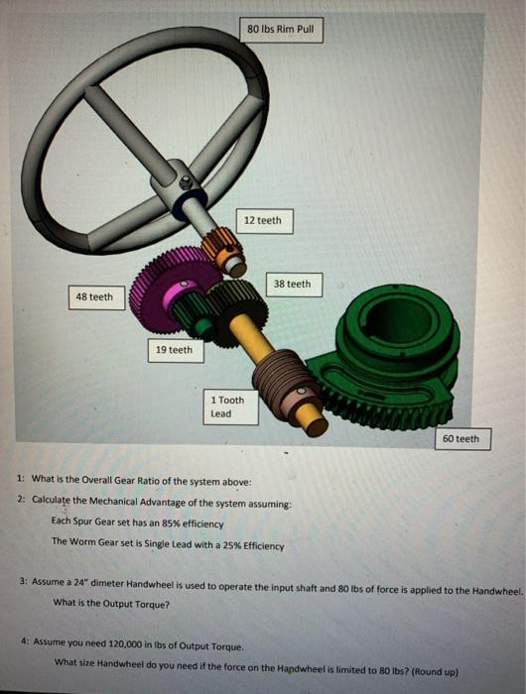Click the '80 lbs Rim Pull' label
[280, 30]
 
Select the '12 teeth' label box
[262, 220]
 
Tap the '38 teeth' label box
[292, 285]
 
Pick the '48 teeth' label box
[94, 296]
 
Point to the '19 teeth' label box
[174, 350]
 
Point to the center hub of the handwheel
[183, 183]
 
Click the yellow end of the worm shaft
[315, 423]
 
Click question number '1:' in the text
[21, 480]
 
